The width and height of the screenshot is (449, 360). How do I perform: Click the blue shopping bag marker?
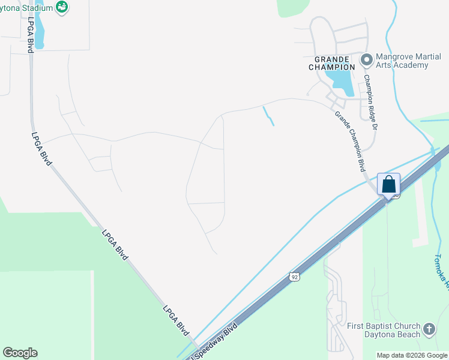click(x=388, y=184)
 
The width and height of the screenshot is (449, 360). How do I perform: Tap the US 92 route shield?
click(x=293, y=276)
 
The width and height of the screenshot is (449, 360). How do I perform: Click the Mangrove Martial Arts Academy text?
click(x=402, y=61)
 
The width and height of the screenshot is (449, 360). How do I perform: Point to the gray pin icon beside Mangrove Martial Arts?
click(x=366, y=59)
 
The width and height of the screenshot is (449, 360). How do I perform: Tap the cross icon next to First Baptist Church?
click(x=429, y=329)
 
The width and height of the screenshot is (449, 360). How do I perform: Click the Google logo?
click(x=20, y=353)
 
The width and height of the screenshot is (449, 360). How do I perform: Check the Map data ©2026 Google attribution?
click(x=412, y=355)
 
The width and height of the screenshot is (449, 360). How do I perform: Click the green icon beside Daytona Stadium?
click(x=61, y=7)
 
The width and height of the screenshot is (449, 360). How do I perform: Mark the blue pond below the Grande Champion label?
click(x=340, y=80)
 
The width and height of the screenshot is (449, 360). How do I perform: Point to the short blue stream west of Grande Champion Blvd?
click(x=268, y=116)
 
